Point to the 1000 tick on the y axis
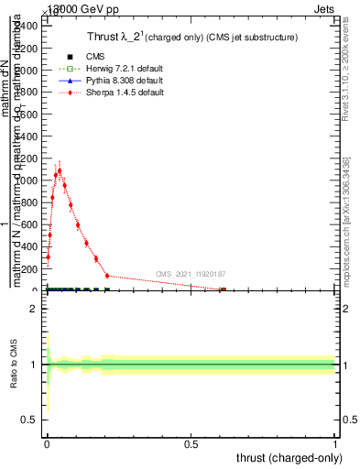[28, 180]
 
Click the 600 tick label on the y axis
[30, 224]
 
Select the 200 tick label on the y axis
[30, 269]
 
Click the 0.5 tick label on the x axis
[191, 445]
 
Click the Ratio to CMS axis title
[14, 365]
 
